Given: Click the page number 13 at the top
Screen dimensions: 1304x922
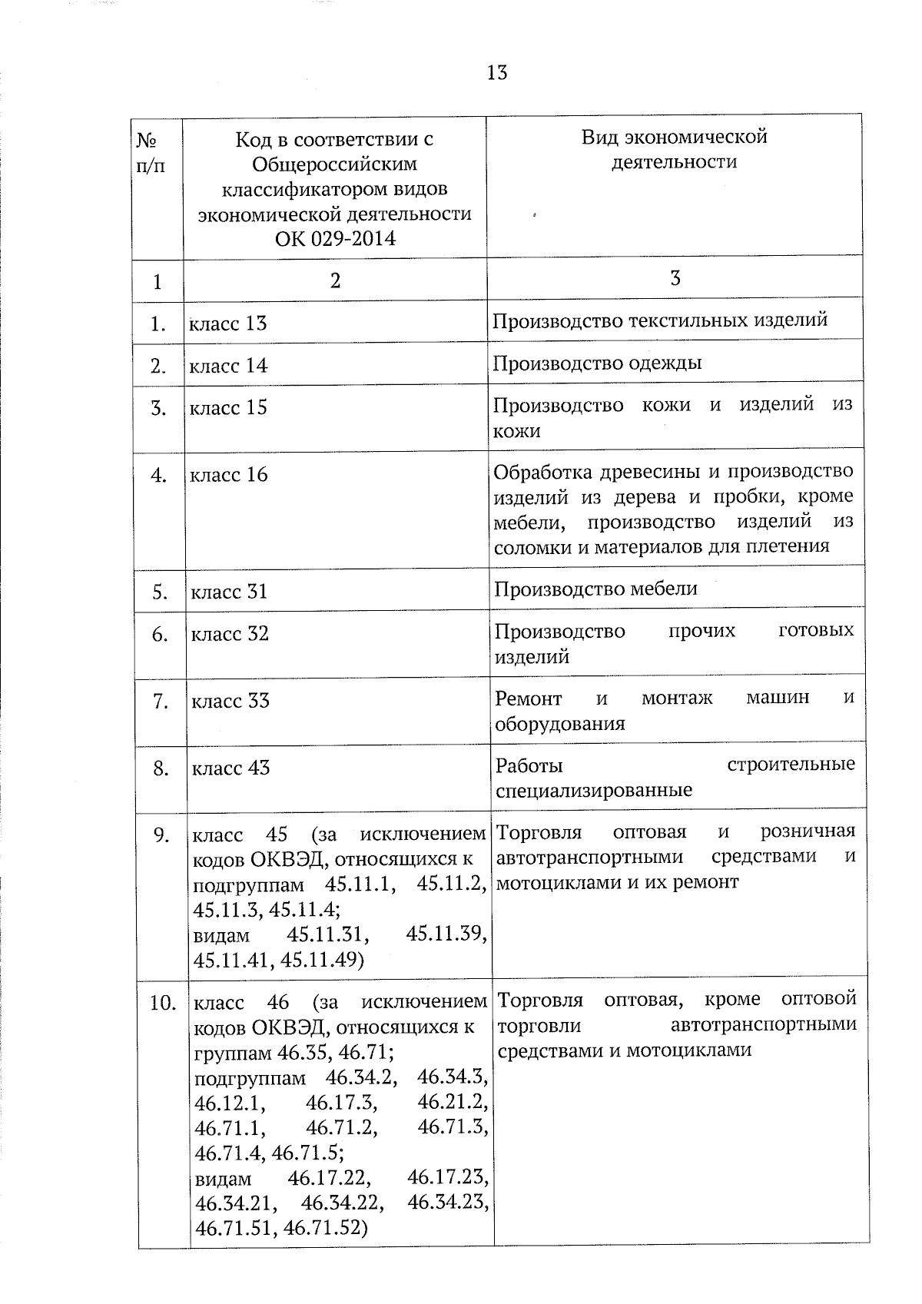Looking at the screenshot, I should [x=496, y=72].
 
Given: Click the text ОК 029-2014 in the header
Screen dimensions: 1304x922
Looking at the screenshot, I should [x=335, y=239].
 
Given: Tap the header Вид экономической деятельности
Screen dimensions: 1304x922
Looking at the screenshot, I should [x=674, y=149].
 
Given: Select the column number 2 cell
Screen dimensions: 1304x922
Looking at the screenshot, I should [x=334, y=280].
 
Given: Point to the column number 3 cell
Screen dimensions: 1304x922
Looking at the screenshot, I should [x=675, y=278].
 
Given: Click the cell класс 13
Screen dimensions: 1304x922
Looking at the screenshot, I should [x=228, y=324].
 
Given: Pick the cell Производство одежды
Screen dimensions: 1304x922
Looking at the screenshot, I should [x=597, y=363].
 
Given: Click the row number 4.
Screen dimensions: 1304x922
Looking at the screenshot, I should [x=159, y=476].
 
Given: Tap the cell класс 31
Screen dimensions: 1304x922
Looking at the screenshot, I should [x=229, y=592].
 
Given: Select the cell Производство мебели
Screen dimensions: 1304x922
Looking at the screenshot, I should [x=595, y=589].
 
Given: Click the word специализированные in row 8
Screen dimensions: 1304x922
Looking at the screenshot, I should [x=594, y=791].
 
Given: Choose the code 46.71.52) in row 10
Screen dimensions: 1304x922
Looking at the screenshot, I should [x=326, y=1228].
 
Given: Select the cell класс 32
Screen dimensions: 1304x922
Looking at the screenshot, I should [x=230, y=634].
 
